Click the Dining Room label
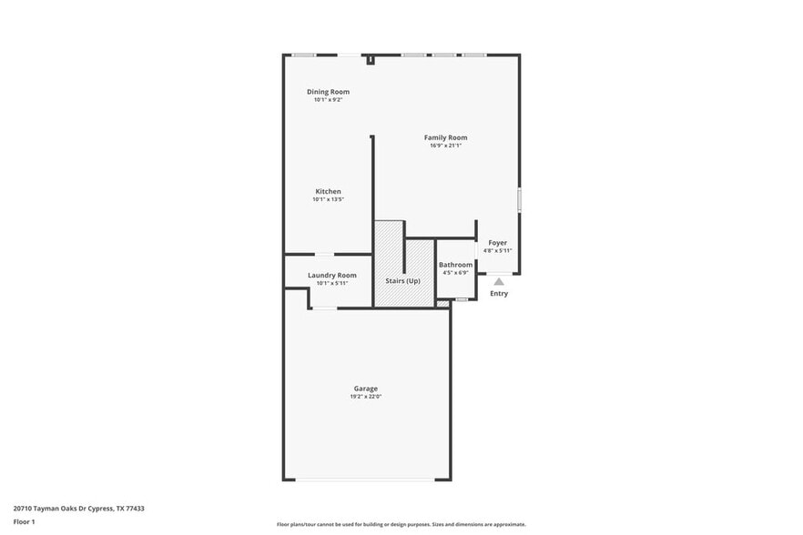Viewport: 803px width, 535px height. click(x=328, y=92)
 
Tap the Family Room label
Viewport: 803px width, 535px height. click(x=445, y=137)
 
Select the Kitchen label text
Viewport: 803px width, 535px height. click(x=328, y=192)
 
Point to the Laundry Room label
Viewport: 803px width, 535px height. click(x=332, y=275)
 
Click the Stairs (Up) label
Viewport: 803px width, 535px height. click(x=402, y=281)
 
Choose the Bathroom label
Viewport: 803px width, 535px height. click(x=455, y=265)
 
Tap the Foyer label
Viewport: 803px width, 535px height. click(x=497, y=243)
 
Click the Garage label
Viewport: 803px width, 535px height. click(x=366, y=389)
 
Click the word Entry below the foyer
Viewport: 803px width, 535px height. click(x=499, y=294)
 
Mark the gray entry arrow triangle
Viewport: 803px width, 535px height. click(x=499, y=282)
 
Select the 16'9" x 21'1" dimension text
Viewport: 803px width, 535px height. click(x=446, y=146)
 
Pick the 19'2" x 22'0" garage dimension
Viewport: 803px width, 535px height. click(x=366, y=397)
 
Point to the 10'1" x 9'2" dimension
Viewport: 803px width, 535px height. click(x=328, y=99)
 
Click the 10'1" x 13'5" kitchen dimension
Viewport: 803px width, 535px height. click(x=328, y=199)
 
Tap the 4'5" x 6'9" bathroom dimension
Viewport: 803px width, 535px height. click(x=455, y=272)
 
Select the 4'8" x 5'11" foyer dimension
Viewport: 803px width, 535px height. click(x=497, y=250)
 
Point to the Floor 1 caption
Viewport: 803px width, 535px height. click(x=24, y=521)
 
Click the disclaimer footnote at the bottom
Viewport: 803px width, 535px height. click(x=401, y=524)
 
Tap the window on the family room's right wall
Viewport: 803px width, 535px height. click(x=519, y=200)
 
